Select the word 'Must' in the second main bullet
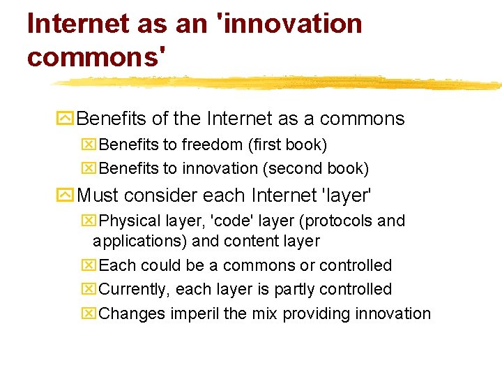click(98, 196)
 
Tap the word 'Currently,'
click(135, 289)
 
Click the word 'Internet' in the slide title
click(74, 24)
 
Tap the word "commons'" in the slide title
click(98, 57)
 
